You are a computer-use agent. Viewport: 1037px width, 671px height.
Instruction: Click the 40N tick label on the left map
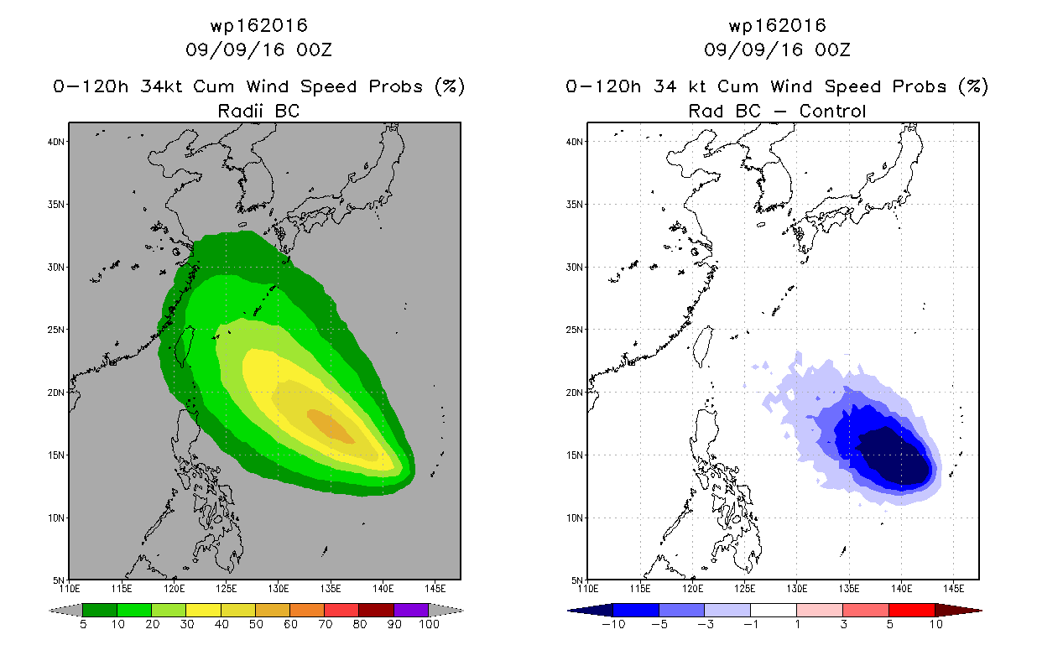pos(56,142)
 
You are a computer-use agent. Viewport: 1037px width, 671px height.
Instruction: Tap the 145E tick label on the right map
pos(954,589)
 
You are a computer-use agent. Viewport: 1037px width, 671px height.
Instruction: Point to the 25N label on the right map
pos(575,330)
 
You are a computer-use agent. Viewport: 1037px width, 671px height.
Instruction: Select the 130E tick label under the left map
pos(279,589)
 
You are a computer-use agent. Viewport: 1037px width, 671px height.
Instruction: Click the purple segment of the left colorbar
pos(411,610)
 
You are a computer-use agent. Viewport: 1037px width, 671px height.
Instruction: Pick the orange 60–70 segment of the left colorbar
pos(307,610)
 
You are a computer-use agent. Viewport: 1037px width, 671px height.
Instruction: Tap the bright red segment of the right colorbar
pos(912,610)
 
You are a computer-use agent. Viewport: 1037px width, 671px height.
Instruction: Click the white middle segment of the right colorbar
pos(774,610)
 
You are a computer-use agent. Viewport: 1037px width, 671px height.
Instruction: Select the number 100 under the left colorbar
pos(430,624)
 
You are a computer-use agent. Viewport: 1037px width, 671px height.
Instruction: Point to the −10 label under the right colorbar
pos(613,624)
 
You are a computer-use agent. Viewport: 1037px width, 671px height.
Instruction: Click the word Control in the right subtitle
pos(832,111)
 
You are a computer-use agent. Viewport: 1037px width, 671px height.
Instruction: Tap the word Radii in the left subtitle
pos(240,111)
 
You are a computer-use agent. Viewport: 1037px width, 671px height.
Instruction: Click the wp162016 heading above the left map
pos(259,25)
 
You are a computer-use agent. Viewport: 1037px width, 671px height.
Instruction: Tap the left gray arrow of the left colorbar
pos(65,610)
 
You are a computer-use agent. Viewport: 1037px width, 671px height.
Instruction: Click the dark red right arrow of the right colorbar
pos(958,610)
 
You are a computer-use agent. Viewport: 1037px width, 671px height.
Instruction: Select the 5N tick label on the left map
pos(59,580)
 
